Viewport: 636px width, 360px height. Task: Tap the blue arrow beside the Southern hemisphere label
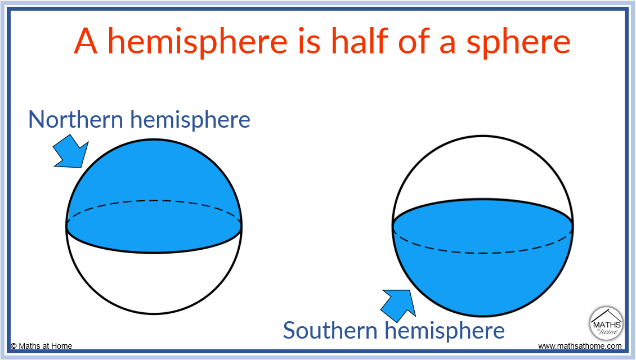pos(398,303)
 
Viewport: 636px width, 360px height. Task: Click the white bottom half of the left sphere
pos(154,281)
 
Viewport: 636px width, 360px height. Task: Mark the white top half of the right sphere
pos(483,169)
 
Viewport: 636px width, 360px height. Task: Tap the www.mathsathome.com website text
pos(580,346)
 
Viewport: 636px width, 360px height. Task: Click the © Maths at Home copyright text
pos(42,346)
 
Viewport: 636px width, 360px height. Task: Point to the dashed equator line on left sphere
pos(154,201)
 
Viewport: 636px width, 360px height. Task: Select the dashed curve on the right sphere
pos(483,253)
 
